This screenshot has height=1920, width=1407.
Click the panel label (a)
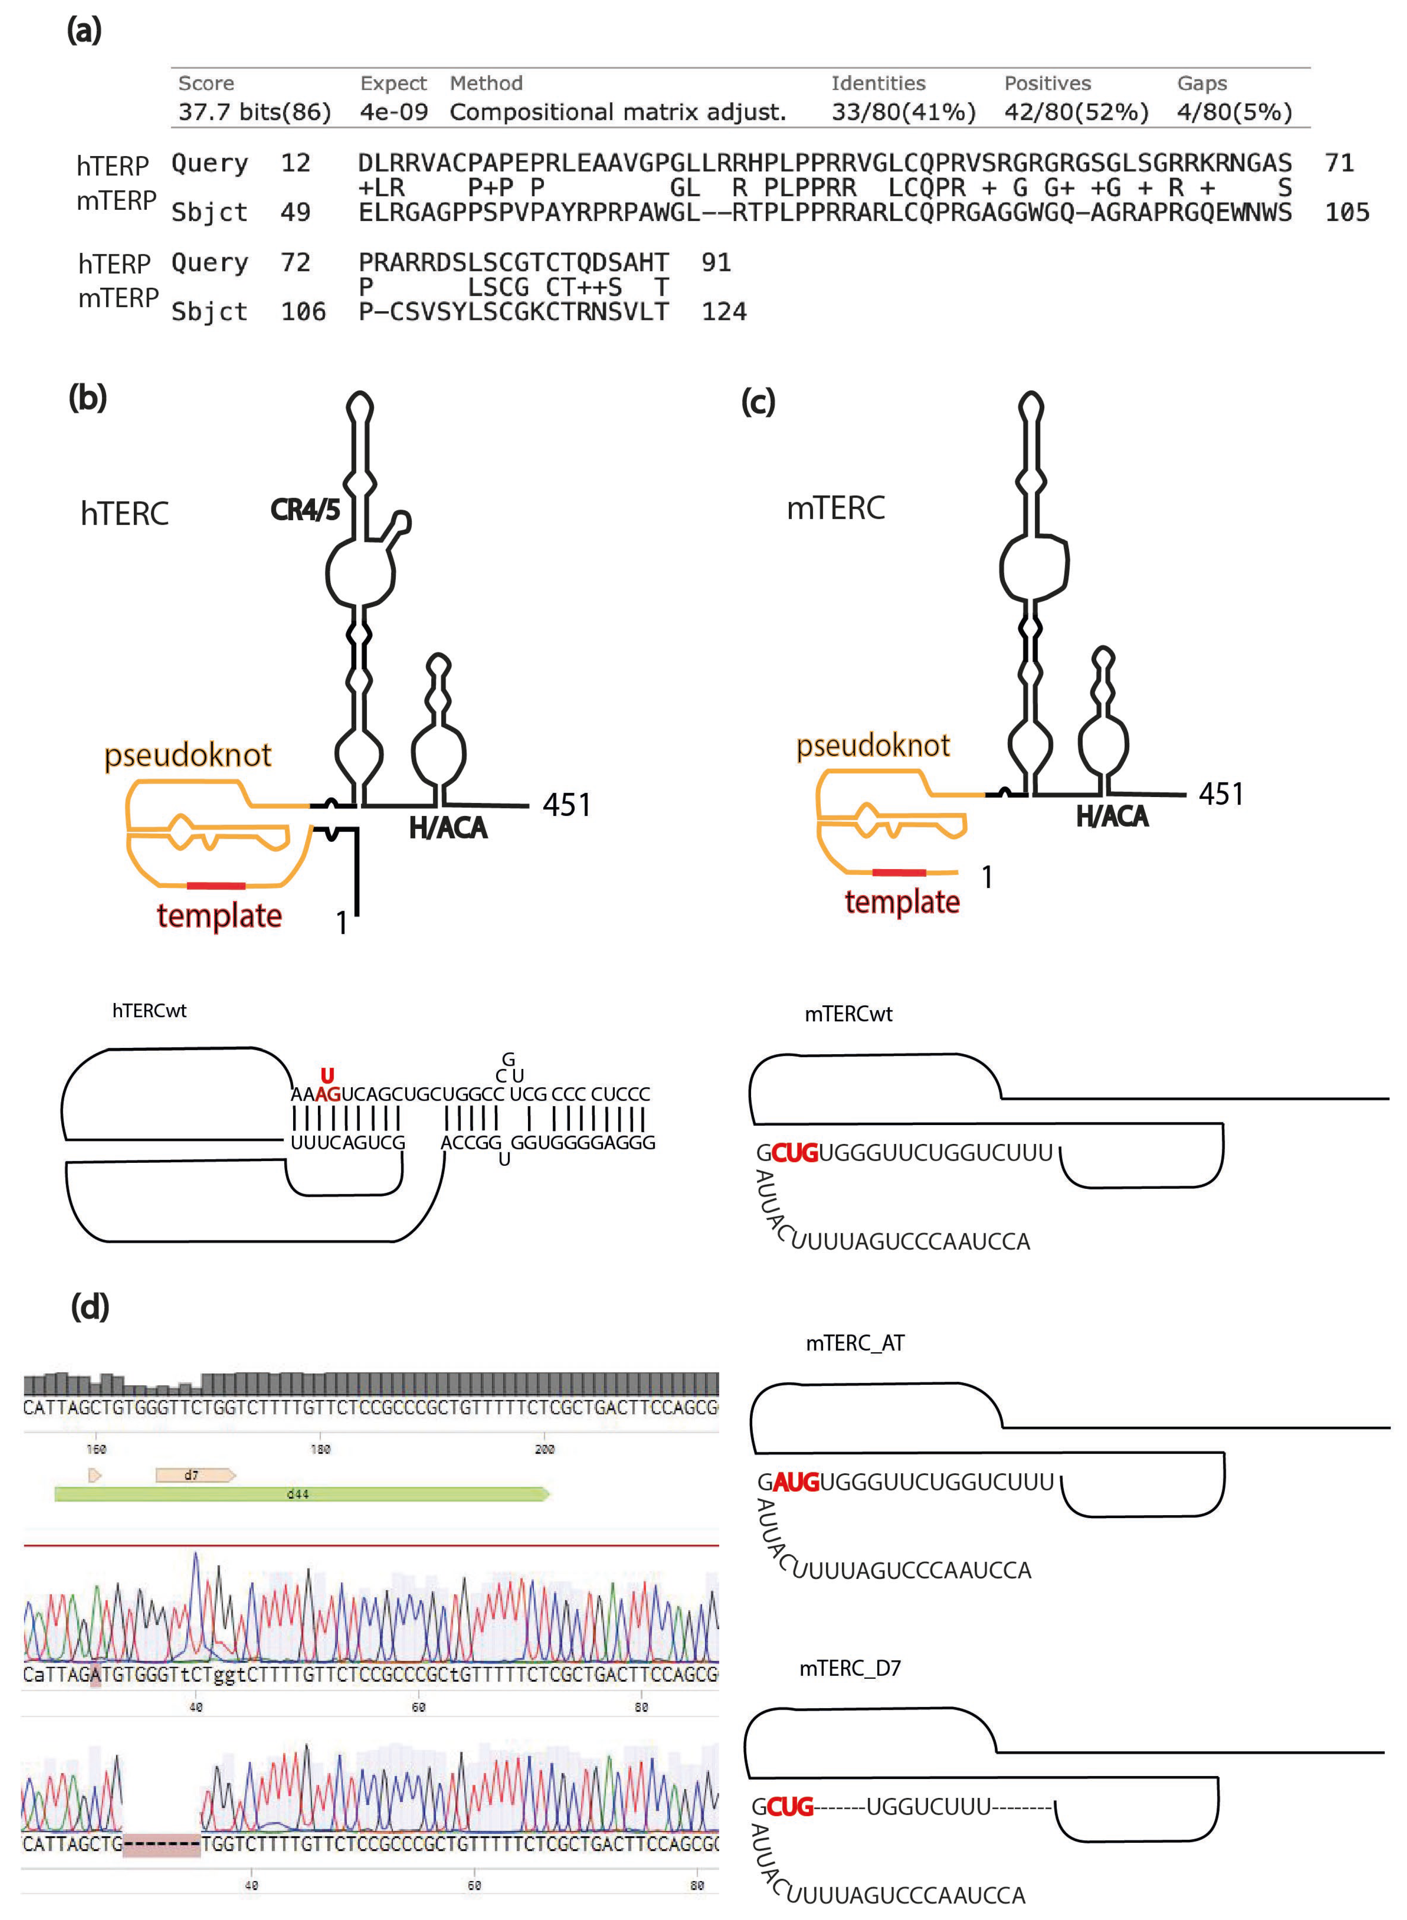(84, 31)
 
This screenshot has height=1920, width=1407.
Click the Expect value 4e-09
(393, 112)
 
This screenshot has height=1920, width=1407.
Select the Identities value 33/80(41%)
(903, 112)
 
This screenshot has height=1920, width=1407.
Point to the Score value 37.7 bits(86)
(254, 112)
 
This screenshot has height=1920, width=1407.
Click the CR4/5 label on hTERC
(305, 509)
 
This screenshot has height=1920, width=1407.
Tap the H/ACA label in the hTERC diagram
(448, 827)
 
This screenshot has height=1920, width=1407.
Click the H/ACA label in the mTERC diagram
(1111, 816)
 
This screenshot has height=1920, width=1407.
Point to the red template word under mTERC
(902, 901)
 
